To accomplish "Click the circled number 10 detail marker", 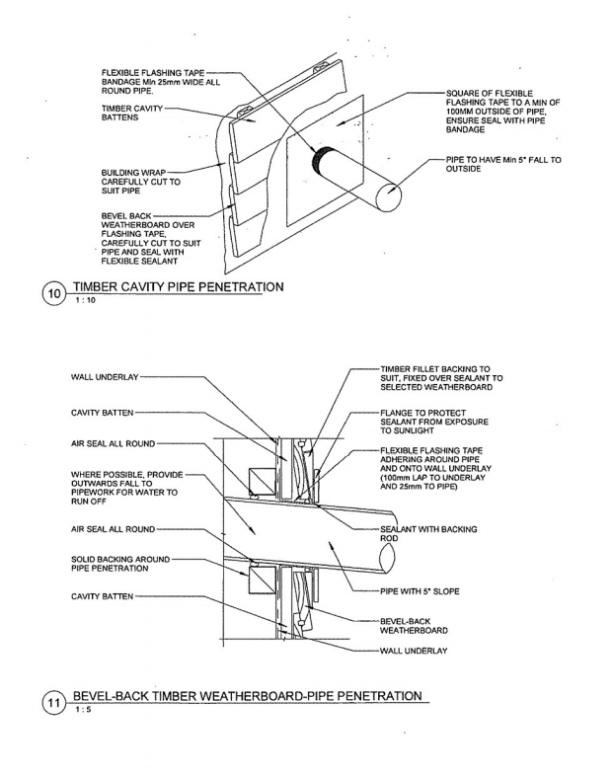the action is point(54,294).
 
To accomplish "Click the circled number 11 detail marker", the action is point(54,704).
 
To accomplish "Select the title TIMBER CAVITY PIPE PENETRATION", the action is point(179,287).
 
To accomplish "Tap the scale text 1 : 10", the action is point(86,300).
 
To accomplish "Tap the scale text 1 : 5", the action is point(84,710).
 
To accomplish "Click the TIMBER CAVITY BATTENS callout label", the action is point(132,113).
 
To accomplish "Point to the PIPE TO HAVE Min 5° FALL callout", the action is point(503,165).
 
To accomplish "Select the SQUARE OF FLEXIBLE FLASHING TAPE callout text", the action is point(502,112).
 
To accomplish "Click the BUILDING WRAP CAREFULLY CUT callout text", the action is point(141,182).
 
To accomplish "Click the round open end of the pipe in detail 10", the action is point(387,197).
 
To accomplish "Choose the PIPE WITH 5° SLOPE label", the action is point(420,591).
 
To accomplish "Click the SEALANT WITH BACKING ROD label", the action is point(428,534).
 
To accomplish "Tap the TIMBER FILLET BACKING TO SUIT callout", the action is point(441,378).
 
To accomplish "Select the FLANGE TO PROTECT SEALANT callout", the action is point(434,422).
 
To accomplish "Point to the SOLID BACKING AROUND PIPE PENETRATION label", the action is point(120,564).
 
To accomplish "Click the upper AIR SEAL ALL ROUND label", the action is point(113,444).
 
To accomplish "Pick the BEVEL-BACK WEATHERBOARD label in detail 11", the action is point(414,626).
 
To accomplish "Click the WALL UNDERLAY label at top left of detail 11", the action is point(105,377).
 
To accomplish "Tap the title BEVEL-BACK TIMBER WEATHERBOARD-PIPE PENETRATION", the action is point(248,696).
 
